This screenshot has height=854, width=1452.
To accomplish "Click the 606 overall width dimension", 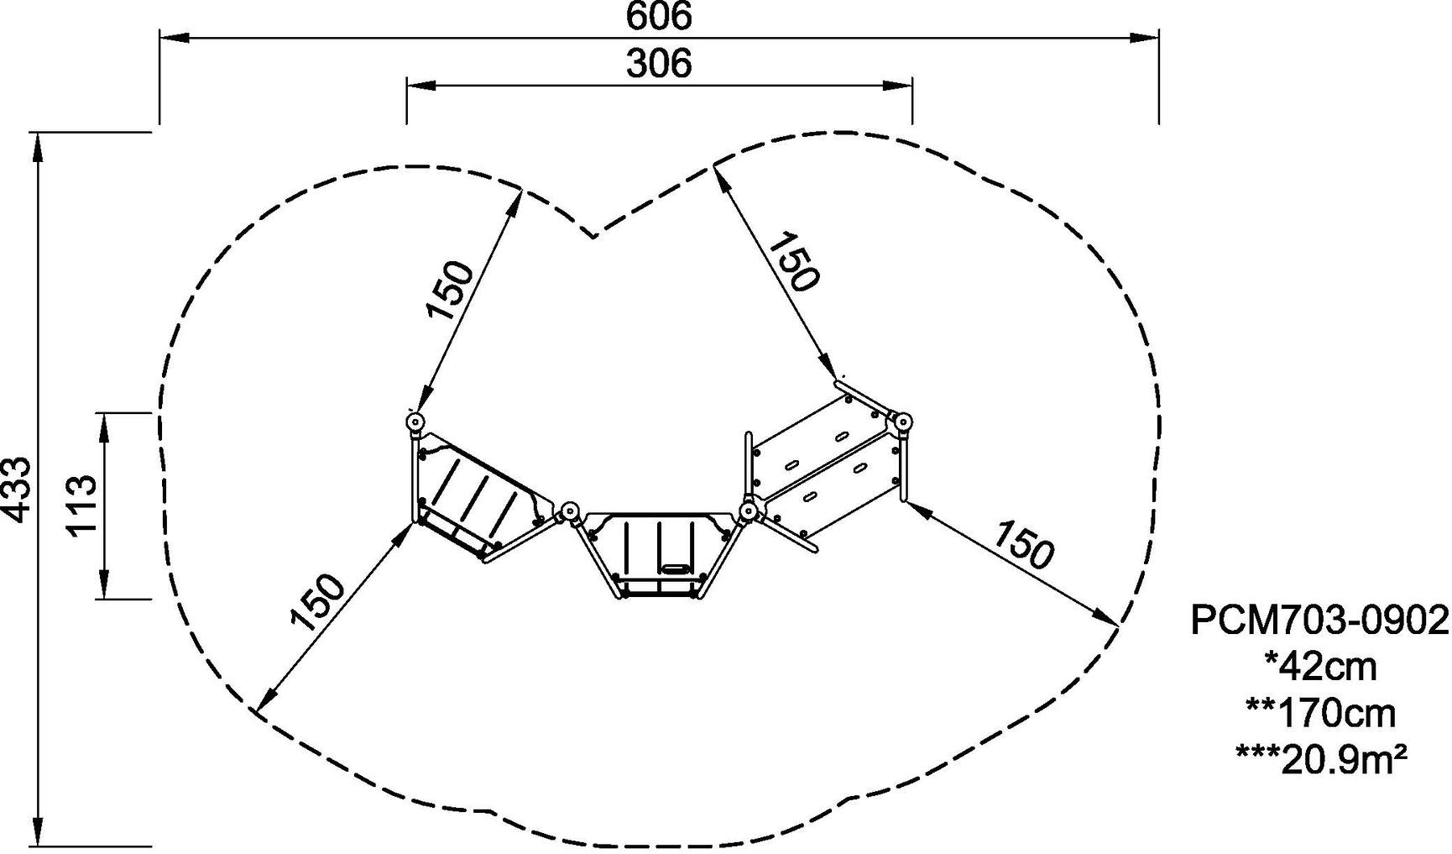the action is click(659, 16).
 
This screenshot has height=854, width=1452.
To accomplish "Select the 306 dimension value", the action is click(659, 64).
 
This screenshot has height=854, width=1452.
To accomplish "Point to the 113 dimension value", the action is click(82, 506).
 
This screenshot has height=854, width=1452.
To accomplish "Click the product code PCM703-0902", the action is click(1320, 621).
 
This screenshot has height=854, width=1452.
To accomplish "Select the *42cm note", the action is click(1320, 667).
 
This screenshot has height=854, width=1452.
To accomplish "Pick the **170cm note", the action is click(1320, 714).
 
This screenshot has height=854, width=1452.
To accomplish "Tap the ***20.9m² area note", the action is click(1320, 760).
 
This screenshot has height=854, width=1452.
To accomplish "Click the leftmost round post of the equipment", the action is click(415, 422).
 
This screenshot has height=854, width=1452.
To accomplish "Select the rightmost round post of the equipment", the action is click(903, 422).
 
